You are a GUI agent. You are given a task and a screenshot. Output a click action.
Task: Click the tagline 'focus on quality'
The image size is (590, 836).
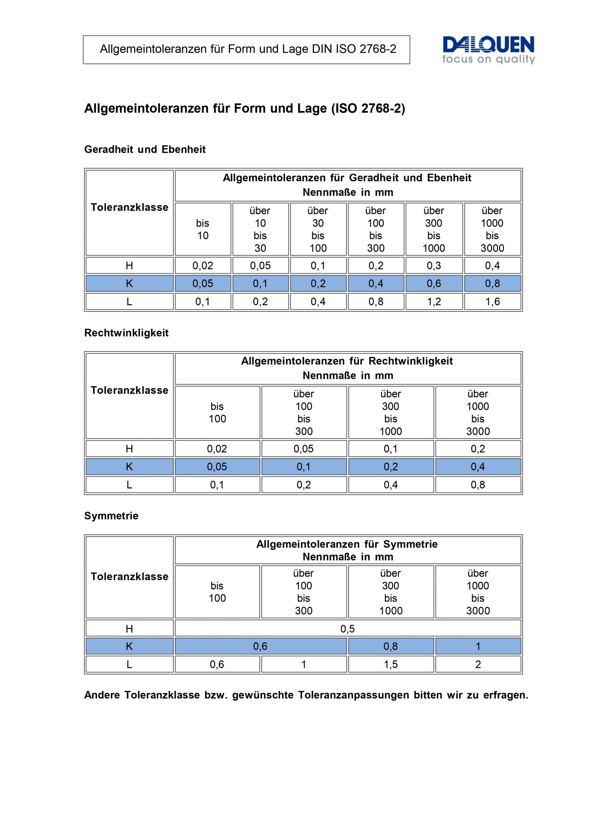point(488,60)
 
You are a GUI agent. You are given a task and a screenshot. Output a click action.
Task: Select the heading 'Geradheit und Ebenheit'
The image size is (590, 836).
point(145,149)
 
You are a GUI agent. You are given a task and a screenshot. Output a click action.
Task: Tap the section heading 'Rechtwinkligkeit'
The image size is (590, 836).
point(126,333)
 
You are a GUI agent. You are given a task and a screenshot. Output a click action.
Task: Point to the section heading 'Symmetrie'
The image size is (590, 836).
point(111,516)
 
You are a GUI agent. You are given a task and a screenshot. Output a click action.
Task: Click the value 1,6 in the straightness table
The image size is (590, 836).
point(492,302)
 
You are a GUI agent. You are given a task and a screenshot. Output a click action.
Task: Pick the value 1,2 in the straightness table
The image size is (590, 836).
point(434,302)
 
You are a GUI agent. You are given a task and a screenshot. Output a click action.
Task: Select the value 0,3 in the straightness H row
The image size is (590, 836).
point(434,266)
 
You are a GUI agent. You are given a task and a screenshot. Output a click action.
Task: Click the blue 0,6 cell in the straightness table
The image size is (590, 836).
point(434,284)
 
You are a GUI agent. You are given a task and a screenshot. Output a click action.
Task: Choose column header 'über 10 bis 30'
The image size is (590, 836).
point(260,229)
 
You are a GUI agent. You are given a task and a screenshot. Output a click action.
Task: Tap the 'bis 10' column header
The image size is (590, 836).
point(203,229)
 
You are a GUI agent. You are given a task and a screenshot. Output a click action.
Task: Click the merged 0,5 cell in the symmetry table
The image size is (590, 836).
point(347,629)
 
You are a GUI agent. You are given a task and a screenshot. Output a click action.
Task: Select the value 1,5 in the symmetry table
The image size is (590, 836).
point(391,665)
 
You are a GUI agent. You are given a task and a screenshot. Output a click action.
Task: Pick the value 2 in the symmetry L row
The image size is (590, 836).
point(478,665)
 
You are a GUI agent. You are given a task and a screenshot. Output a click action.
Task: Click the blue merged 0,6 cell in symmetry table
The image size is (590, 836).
point(260,647)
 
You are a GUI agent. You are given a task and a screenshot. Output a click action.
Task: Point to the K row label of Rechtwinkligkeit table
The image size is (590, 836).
point(129,467)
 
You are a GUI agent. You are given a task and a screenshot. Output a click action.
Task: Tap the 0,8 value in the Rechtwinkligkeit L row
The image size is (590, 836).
point(478,485)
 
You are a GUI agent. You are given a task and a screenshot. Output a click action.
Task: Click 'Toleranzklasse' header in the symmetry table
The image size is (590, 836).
point(129,577)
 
